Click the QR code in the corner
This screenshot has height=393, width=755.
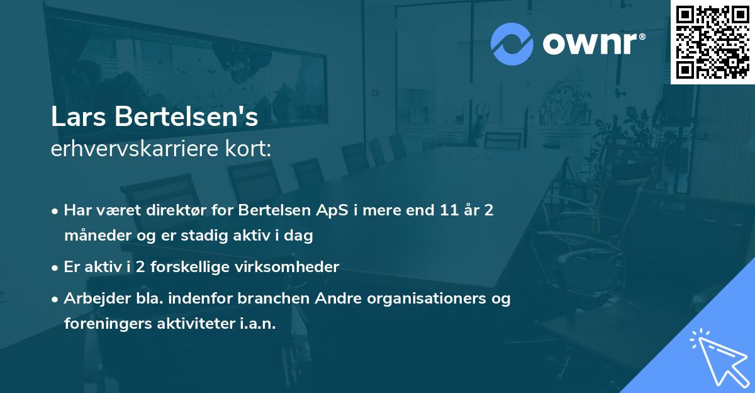pos(713,42)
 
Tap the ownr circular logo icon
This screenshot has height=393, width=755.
pos(512,43)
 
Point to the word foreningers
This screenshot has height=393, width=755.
pos(101,324)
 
